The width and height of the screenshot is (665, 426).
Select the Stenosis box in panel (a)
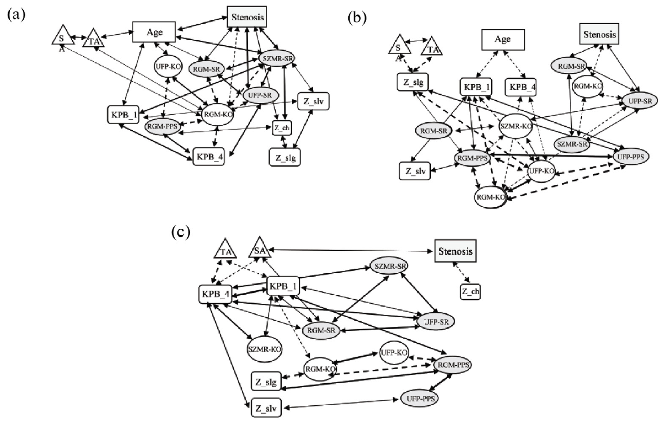[247, 17]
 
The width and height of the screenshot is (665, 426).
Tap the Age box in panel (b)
[503, 39]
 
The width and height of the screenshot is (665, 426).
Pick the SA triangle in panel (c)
[259, 250]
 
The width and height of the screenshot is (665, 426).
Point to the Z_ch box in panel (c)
[470, 291]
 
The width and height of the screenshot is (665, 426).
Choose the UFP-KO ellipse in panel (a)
[168, 67]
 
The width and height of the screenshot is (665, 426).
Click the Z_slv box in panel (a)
[313, 102]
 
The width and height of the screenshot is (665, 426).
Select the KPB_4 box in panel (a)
[208, 157]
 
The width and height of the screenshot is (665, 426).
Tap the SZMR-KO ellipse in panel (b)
[515, 126]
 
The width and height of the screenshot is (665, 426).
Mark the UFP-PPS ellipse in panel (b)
[631, 157]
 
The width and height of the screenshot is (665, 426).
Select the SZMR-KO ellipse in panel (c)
[265, 349]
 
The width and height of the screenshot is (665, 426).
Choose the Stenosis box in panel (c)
[455, 251]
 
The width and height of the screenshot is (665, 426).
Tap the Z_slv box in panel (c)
[266, 408]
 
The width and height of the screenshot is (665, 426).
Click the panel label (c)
[181, 232]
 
